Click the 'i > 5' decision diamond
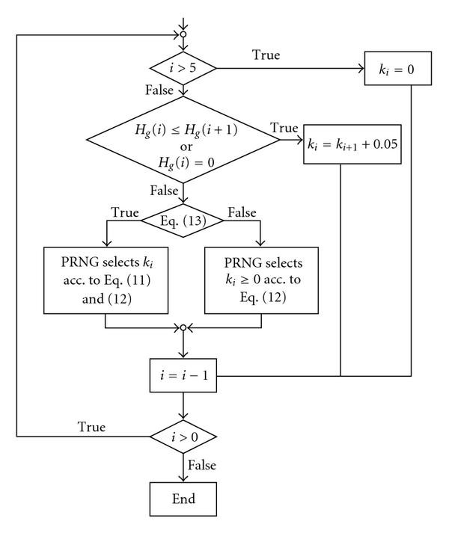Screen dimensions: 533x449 click(183, 68)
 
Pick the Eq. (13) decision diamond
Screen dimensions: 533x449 click(183, 220)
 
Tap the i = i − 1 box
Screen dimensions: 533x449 click(183, 376)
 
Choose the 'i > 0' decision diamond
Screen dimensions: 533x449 click(183, 435)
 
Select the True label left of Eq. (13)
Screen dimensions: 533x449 click(123, 212)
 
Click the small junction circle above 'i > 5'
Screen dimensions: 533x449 click(183, 34)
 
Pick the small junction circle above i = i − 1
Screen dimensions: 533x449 click(183, 327)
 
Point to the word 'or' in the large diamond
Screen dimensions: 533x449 click(183, 141)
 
